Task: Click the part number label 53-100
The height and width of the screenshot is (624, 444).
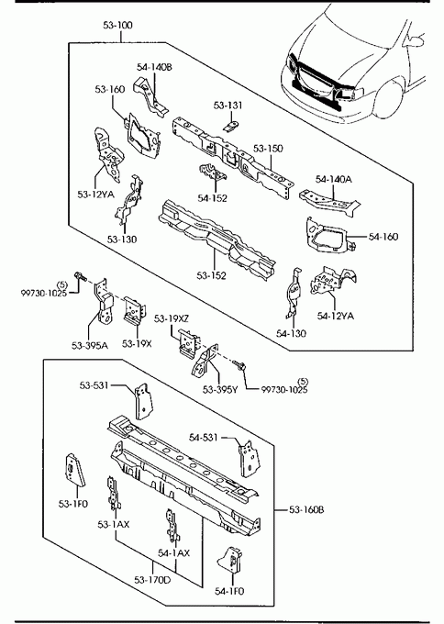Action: point(117,26)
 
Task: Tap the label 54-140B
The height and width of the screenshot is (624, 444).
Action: point(154,67)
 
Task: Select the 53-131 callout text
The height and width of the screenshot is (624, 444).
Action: point(228,106)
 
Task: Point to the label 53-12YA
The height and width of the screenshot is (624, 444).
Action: point(95,195)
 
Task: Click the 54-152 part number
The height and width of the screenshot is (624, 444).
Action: point(213,198)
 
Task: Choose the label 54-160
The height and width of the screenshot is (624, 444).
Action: point(383,237)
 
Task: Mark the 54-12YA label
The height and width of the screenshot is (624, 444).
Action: point(336,316)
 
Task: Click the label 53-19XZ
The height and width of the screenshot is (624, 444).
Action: point(172,318)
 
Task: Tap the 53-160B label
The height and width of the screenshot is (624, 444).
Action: point(306,509)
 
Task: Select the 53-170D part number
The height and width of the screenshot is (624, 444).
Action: point(152,580)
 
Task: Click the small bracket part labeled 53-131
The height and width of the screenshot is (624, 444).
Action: point(231,126)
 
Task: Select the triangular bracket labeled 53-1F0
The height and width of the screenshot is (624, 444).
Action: point(74,470)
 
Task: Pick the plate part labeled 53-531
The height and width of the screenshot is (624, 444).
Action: point(143,401)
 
